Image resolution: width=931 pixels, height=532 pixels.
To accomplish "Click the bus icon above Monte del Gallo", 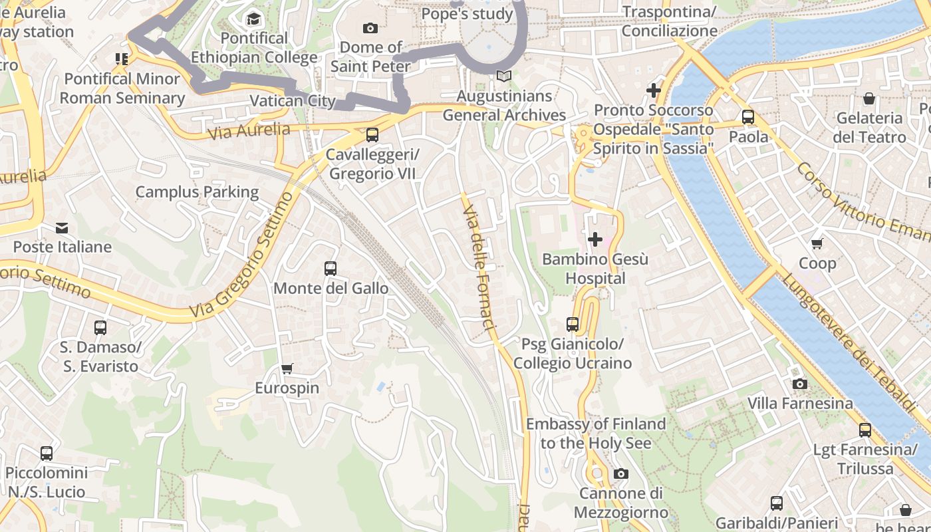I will coord(331,269).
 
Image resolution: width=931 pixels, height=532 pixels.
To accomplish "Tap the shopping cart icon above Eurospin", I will coord(287,368).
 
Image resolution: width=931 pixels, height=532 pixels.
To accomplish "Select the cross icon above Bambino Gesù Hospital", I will coord(595,239).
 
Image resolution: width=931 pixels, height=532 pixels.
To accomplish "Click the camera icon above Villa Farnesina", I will coord(800,384).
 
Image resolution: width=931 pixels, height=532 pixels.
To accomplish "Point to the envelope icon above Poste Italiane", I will coord(62,228).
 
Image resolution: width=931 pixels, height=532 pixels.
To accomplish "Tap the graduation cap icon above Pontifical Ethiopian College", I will coord(253,19).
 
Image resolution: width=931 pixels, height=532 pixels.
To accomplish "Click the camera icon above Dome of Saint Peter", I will coord(370,28).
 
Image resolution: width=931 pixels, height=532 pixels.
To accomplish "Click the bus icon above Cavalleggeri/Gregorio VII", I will coord(372,135).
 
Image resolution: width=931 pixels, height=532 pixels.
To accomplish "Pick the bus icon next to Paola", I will coord(748,117).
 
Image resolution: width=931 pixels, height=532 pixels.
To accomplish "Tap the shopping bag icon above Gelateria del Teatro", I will coord(869,99).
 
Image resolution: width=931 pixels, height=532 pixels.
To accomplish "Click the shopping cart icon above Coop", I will coord(817,244).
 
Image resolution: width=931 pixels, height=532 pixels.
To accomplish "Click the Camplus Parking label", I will coord(197,192).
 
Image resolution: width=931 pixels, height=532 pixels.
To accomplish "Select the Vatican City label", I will coord(293,101).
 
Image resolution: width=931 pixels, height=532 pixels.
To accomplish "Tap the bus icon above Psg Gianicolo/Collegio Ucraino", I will coord(573,325).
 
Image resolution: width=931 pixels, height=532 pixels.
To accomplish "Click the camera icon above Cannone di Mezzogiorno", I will coord(621,473).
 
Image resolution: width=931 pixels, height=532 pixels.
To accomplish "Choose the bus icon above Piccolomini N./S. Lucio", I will coord(47,454).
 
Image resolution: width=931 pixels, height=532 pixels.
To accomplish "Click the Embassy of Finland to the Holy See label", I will coord(595,434).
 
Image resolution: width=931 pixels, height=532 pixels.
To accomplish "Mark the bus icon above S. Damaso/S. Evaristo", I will coord(100,328).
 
